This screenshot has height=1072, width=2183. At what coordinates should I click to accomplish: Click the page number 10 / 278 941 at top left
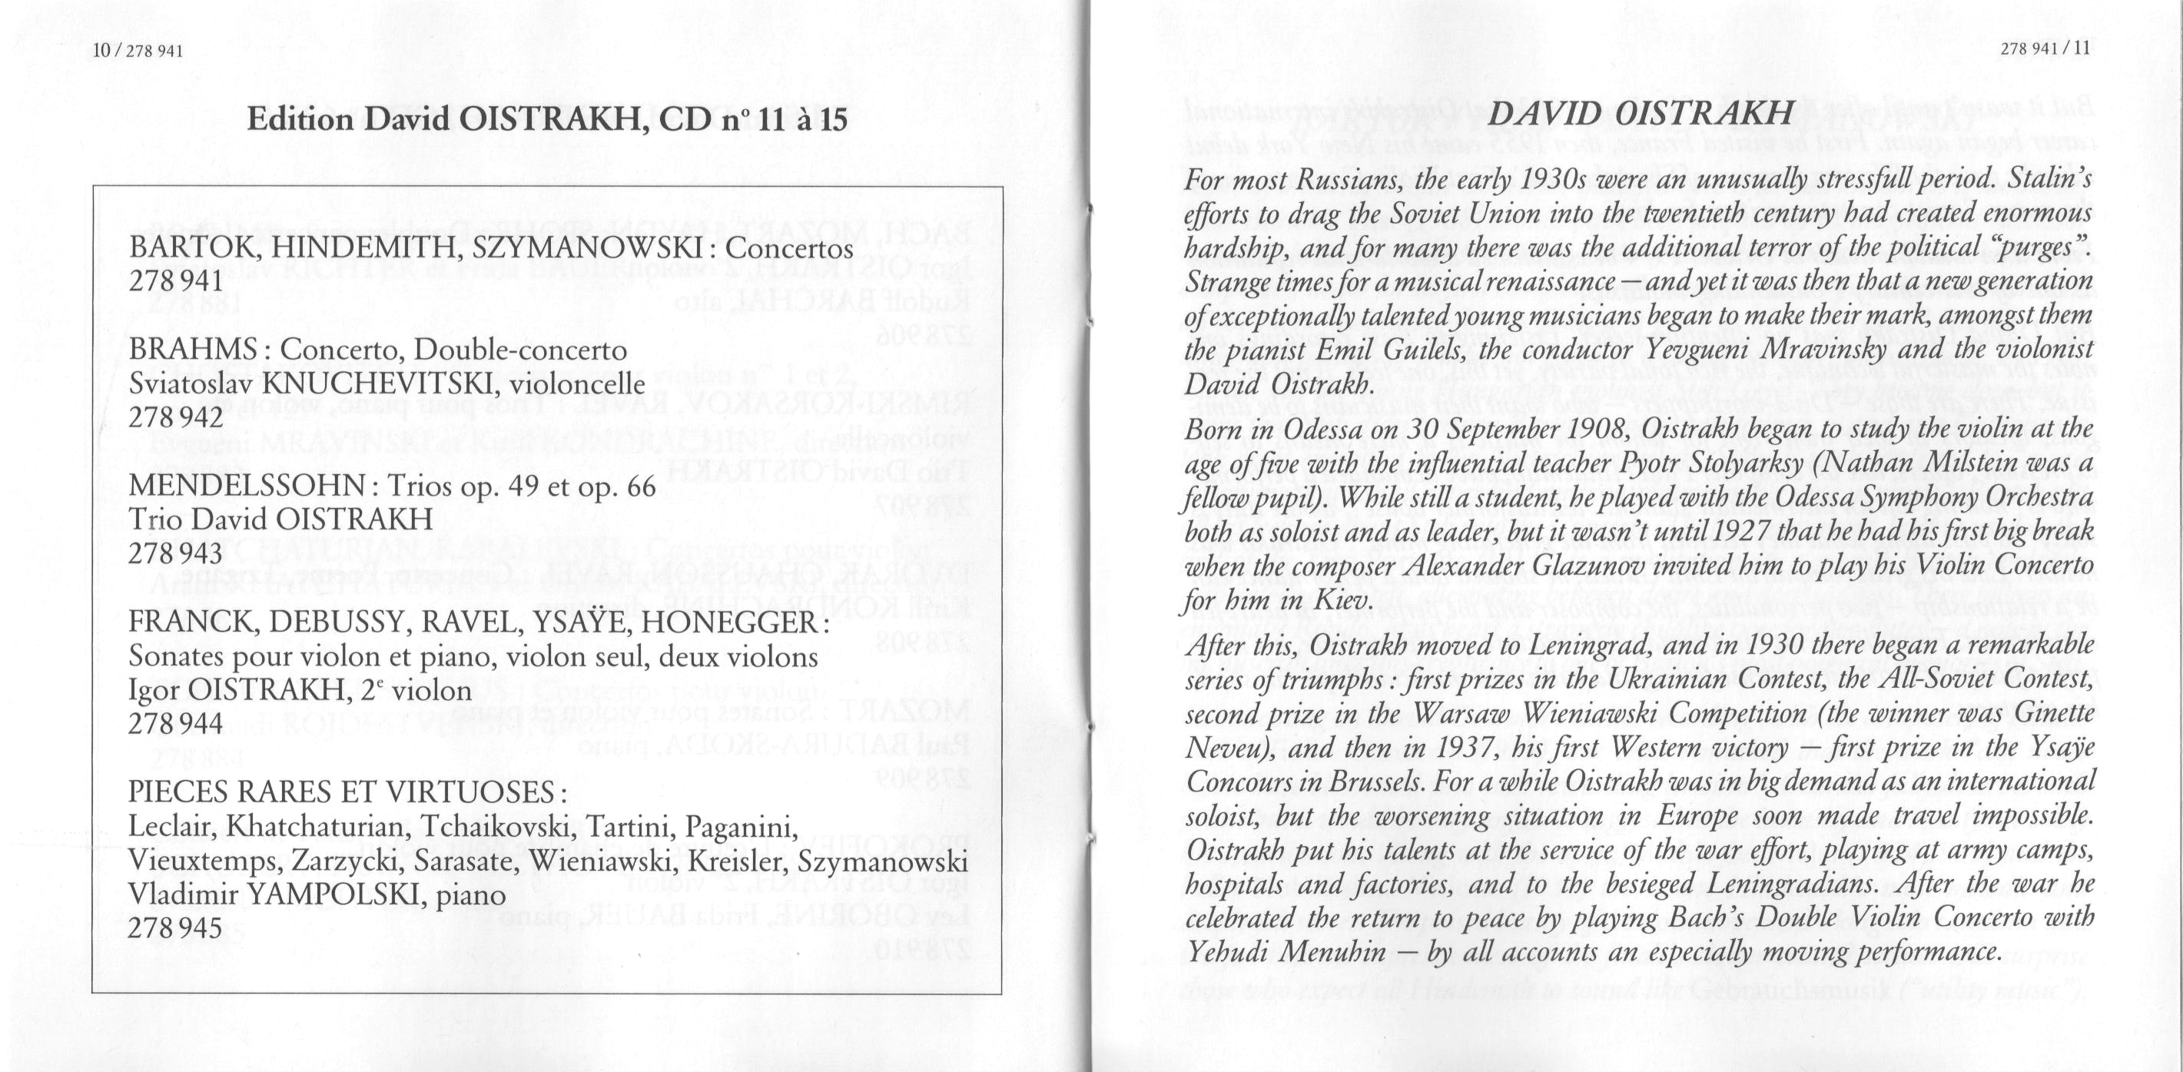(139, 50)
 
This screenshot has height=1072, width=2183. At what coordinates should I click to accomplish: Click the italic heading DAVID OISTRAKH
(1641, 114)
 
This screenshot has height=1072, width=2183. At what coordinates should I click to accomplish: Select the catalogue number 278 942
(176, 417)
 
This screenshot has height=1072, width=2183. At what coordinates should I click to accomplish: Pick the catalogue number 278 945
(176, 928)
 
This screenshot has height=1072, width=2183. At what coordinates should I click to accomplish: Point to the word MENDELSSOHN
(247, 486)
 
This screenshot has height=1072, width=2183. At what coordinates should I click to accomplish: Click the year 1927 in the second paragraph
(1713, 531)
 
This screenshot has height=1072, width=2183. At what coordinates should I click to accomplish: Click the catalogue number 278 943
(176, 553)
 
